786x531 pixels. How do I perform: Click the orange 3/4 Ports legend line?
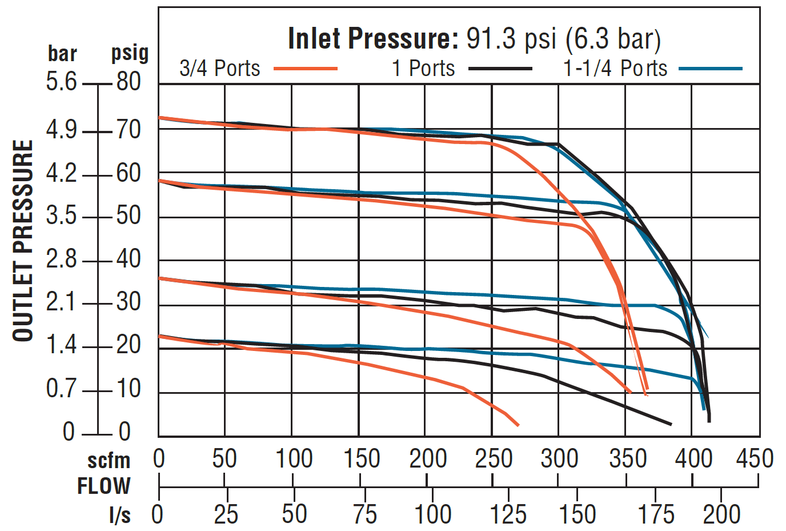coord(306,69)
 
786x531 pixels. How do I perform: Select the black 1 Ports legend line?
coord(500,69)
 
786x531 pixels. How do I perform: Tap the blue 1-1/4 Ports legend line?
coord(711,69)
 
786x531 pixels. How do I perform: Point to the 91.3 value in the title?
coord(491,39)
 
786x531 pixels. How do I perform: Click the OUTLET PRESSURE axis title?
coord(23,241)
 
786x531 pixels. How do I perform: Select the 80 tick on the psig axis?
coord(129,82)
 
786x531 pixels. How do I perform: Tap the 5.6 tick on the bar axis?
coord(61,82)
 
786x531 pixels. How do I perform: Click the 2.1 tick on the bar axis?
coord(61,302)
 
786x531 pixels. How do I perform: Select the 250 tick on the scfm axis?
coord(494,459)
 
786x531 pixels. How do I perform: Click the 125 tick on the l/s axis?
coord(508,514)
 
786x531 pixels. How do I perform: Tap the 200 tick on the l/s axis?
coord(721,514)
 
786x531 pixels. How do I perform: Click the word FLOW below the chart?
coord(104,486)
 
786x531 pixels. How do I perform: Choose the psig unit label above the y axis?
coord(130,53)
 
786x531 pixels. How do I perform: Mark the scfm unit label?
coord(109,460)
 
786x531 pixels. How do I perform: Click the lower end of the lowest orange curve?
coord(518,425)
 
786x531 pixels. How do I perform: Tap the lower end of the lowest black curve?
coord(670,424)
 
